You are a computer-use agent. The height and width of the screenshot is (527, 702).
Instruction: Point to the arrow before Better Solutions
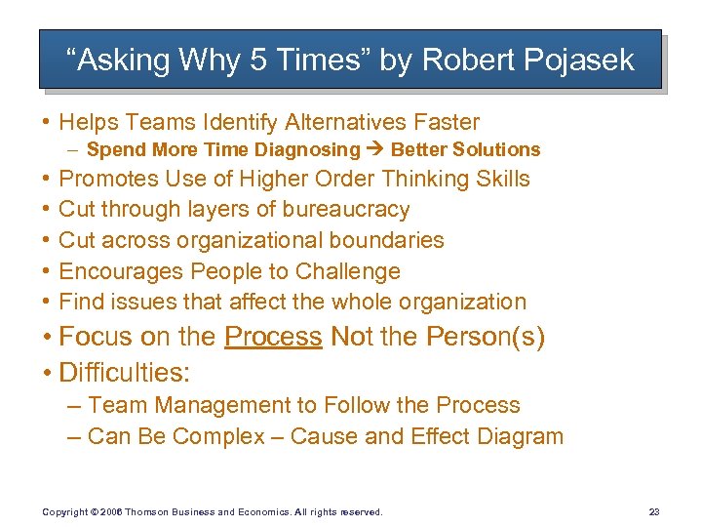[375, 149]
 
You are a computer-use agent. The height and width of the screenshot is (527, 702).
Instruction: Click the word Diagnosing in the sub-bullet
[306, 149]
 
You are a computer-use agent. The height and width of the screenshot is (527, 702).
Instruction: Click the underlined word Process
[273, 338]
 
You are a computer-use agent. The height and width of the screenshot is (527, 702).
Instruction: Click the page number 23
[653, 511]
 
